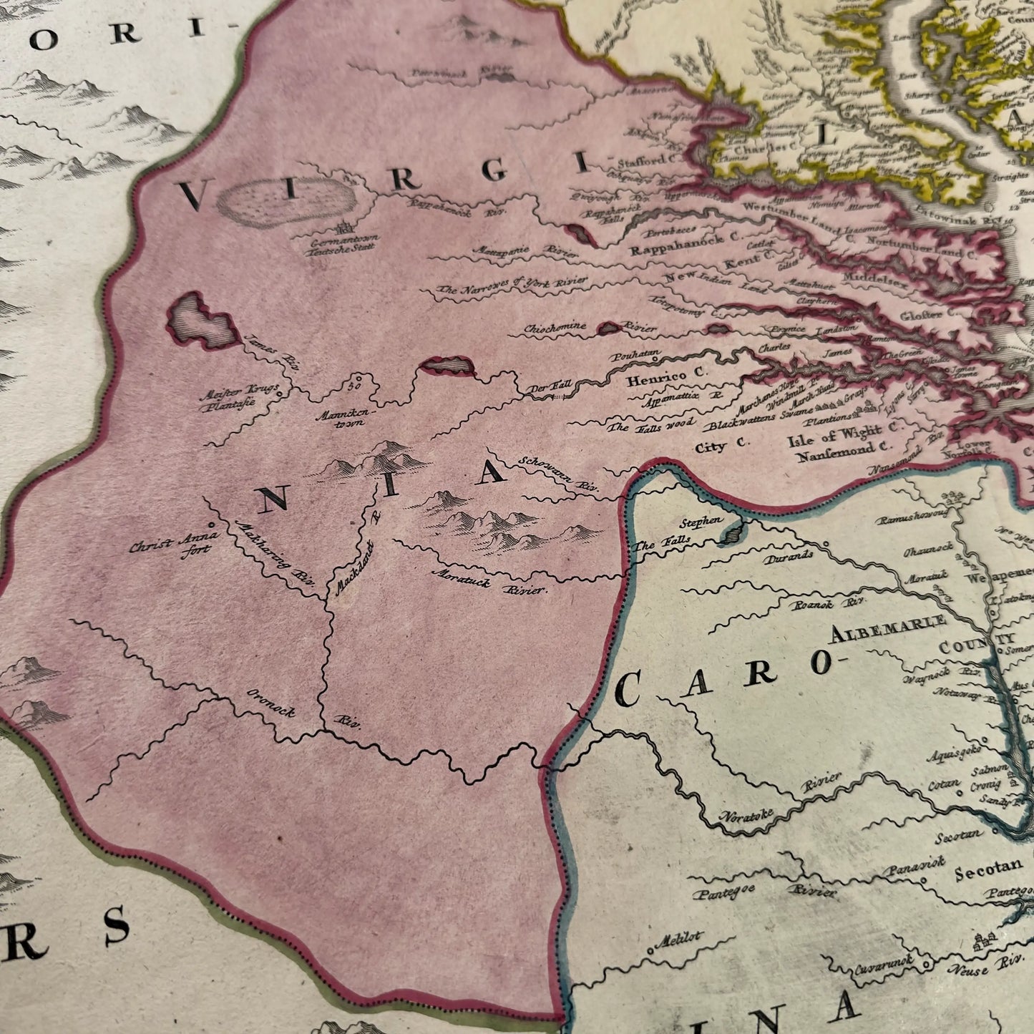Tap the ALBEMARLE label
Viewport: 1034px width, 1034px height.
pyautogui.click(x=888, y=627)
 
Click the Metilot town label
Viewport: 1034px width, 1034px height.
pyautogui.click(x=683, y=940)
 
